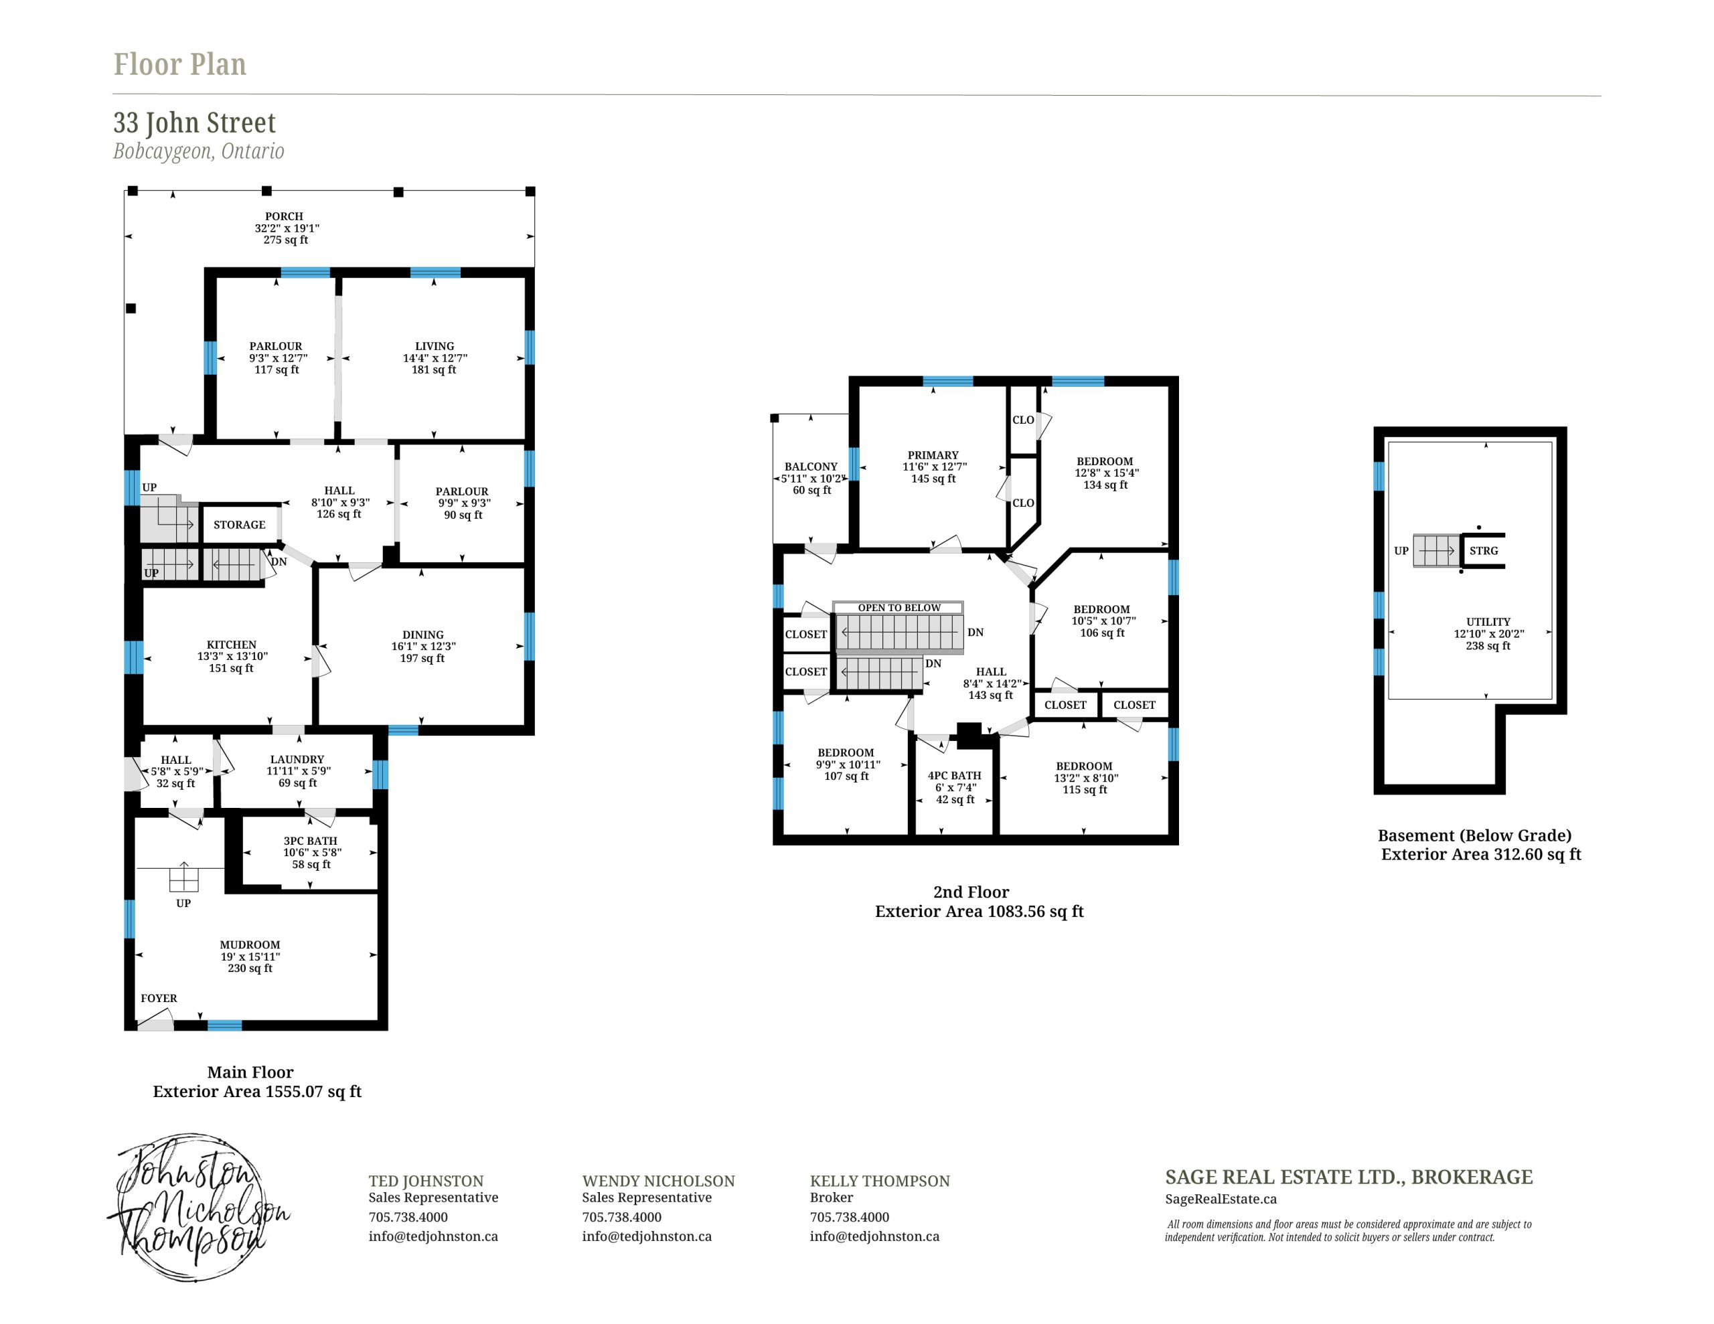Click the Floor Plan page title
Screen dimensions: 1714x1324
[x=179, y=64]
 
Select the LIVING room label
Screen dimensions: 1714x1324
[x=435, y=346]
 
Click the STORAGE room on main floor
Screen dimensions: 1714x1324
[x=240, y=525]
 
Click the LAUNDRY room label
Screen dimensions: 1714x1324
[x=297, y=760]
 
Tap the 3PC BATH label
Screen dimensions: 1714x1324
[x=311, y=841]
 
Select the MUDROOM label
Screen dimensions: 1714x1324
[x=250, y=945]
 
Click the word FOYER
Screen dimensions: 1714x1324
[x=159, y=998]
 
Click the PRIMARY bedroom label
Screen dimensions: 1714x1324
[x=933, y=455]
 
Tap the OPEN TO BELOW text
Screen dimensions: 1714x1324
[x=899, y=608]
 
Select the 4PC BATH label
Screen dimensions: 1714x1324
[x=954, y=775]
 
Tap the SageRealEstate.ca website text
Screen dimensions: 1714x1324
[x=1221, y=1199]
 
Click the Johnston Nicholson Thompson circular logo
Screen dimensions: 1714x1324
[x=198, y=1206]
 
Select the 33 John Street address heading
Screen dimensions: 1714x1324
[x=195, y=123]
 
